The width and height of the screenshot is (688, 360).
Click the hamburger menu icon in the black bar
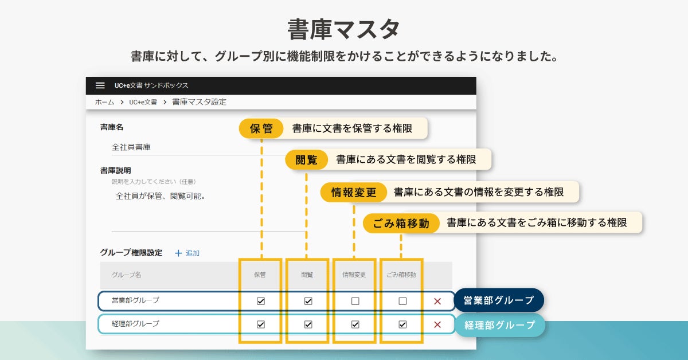coord(100,85)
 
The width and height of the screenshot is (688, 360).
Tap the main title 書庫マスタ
coord(343,29)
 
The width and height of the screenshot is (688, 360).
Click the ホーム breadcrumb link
coord(104,102)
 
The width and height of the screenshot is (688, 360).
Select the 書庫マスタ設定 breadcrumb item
coord(199,102)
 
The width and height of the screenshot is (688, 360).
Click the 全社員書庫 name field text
coord(131,147)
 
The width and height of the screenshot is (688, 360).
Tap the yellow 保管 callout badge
coord(261,128)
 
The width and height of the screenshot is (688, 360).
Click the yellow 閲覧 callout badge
coord(306,160)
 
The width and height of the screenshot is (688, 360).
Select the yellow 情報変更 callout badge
coord(354,192)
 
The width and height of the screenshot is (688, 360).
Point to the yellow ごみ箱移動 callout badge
coord(401,223)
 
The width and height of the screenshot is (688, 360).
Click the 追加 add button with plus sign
coord(187,253)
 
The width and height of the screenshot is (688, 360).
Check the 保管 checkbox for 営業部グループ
coord(261,301)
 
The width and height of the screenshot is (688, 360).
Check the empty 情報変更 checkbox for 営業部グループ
coord(355,301)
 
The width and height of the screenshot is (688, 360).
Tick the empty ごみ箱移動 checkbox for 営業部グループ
coord(402,301)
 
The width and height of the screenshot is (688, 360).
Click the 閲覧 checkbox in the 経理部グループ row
coord(308,324)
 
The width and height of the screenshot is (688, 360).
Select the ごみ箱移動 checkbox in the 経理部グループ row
coord(402,324)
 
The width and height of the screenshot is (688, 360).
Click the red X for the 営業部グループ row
coord(437,301)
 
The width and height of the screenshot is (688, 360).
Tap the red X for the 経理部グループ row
coord(437,324)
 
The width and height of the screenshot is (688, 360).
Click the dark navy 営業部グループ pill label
coord(498,300)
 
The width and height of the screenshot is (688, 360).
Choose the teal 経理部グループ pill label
coord(499,325)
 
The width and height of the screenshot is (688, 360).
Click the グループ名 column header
coord(126,275)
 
